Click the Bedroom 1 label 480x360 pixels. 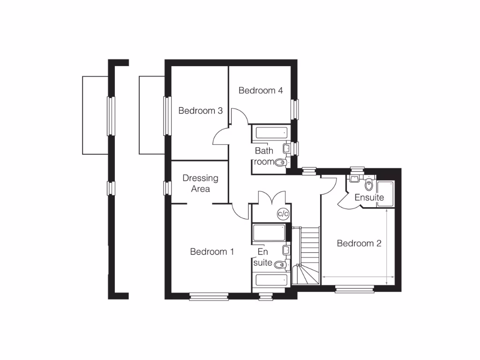pos(212,252)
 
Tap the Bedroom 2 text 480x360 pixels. pos(359,243)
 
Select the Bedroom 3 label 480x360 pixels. pos(200,111)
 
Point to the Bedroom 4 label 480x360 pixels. pos(261,90)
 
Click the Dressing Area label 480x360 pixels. pos(200,183)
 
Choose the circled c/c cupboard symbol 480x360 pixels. pos(283,214)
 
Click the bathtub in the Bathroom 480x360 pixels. pos(270,133)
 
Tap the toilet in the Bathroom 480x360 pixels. pos(280,163)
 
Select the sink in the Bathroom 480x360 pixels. pos(286,149)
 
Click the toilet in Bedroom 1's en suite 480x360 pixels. pos(280,265)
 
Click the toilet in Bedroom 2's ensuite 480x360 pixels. pos(369,184)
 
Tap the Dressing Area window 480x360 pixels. pos(166,188)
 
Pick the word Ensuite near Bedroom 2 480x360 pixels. pos(369,197)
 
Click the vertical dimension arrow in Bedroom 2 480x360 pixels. pos(386,247)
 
